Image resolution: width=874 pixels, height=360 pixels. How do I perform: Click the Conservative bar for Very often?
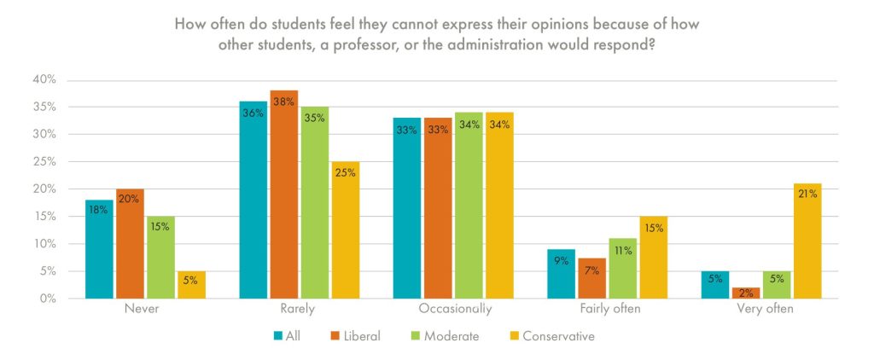click(807, 241)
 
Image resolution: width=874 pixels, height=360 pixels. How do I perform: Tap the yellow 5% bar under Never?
click(191, 285)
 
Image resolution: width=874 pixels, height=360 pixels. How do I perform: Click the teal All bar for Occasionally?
click(406, 208)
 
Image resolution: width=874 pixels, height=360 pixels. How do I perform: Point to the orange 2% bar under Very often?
click(746, 293)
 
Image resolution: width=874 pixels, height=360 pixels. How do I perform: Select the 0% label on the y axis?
click(47, 299)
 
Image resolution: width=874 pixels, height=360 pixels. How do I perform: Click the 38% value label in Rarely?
click(284, 102)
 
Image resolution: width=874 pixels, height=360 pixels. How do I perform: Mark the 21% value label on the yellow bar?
click(807, 195)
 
